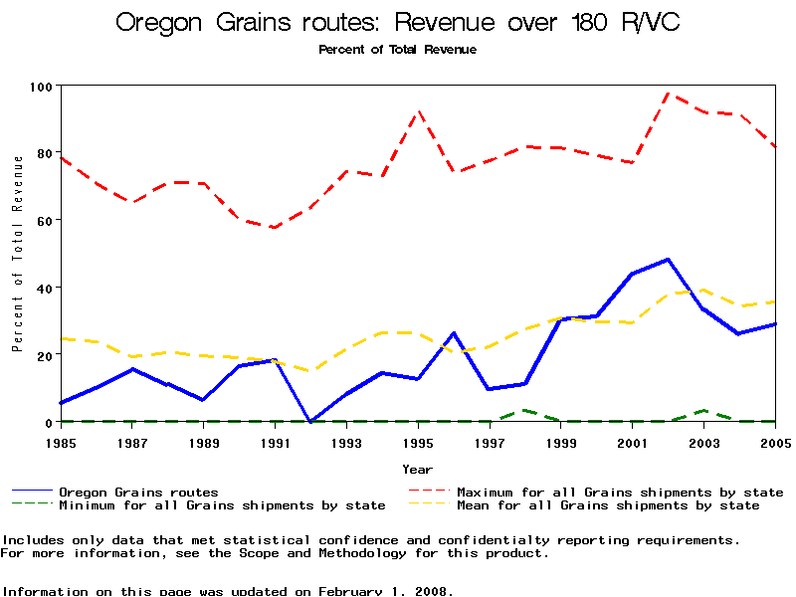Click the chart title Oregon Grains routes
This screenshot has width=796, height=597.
click(398, 23)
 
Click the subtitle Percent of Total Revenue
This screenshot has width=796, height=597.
click(397, 50)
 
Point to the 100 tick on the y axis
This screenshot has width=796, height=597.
click(41, 87)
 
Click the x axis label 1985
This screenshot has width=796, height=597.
click(61, 442)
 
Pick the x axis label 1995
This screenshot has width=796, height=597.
click(418, 442)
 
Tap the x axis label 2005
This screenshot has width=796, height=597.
click(775, 442)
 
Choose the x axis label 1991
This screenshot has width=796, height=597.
click(275, 442)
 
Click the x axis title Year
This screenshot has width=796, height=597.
click(417, 469)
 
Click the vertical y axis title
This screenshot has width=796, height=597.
click(17, 267)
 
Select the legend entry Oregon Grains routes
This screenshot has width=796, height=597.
click(138, 493)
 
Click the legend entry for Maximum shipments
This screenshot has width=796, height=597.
click(619, 493)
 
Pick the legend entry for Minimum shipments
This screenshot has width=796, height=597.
click(221, 505)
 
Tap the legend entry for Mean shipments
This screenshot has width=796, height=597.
click(607, 505)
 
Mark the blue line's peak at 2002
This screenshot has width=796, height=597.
click(668, 259)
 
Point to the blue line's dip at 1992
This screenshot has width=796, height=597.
click(310, 422)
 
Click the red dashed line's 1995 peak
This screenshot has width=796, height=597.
click(419, 111)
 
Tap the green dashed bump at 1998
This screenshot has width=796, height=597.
click(524, 410)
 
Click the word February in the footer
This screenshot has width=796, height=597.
click(358, 591)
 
